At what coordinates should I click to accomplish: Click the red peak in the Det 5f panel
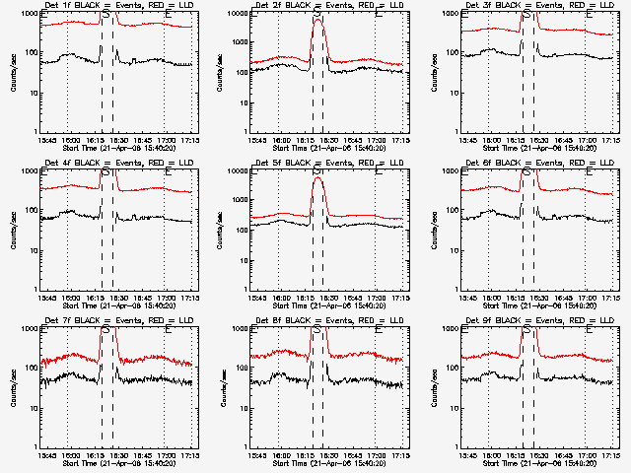pyautogui.click(x=317, y=179)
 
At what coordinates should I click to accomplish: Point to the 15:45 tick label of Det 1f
pyautogui.click(x=45, y=140)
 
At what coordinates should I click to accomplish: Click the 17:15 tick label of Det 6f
pyautogui.click(x=611, y=298)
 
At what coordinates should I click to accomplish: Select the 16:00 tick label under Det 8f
pyautogui.click(x=280, y=455)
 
